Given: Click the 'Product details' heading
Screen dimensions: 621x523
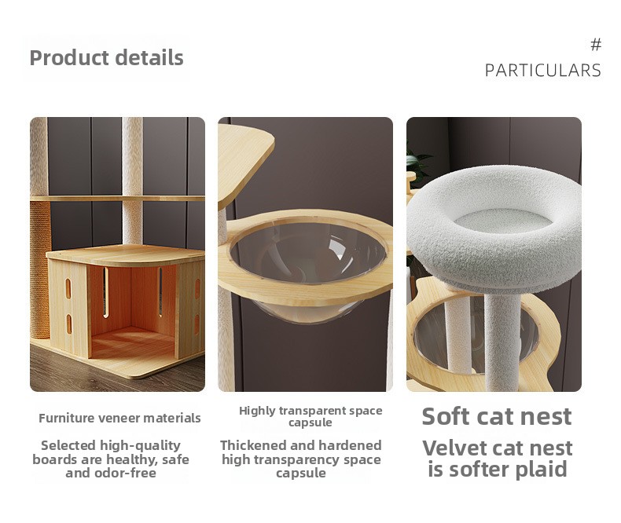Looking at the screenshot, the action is [x=107, y=58].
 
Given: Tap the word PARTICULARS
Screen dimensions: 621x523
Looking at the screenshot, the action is [x=543, y=71].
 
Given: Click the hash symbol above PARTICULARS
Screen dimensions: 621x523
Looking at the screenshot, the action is [x=596, y=45].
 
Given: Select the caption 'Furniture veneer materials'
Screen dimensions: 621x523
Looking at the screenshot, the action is [x=119, y=418].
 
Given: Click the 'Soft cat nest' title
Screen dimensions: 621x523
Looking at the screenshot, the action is [x=497, y=416].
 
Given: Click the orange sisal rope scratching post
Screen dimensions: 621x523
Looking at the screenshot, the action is [x=40, y=270].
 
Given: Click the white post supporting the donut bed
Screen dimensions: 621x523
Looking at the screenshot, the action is [x=502, y=341].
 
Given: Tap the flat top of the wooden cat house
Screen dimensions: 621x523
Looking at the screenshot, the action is [x=126, y=254].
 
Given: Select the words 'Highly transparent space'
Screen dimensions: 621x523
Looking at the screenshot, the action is [x=310, y=411].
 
